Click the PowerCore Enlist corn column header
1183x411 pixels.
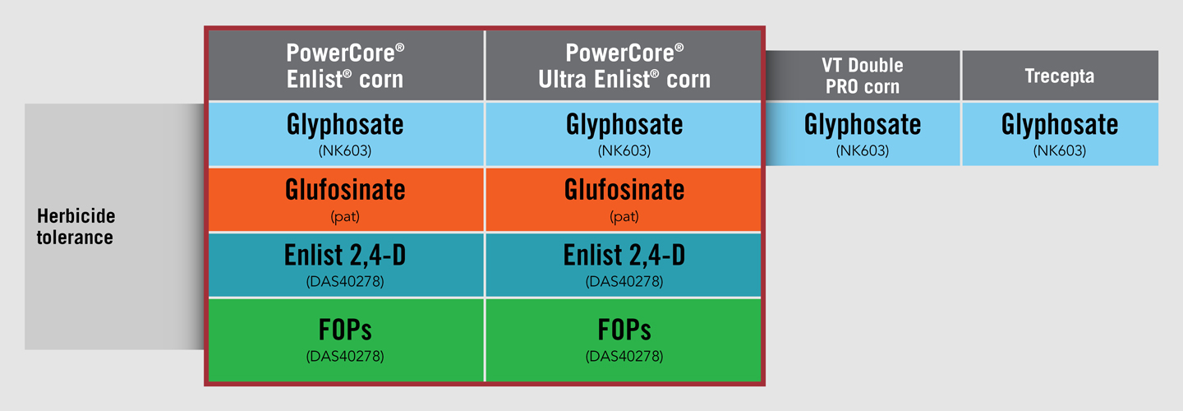tap(346, 66)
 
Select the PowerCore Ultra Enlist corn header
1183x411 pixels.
tap(624, 66)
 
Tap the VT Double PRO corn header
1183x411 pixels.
tap(863, 76)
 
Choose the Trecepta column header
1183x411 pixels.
tap(1060, 76)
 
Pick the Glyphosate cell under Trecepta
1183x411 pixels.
tap(1060, 134)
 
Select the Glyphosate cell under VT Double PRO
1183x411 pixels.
tap(863, 134)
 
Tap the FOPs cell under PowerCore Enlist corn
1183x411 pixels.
tap(346, 340)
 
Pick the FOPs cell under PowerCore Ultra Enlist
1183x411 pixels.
tap(624, 340)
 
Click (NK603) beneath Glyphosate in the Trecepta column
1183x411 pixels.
tap(1060, 151)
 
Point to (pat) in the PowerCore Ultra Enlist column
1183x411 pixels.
tap(624, 216)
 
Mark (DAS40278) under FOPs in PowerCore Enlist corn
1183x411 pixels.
tap(345, 356)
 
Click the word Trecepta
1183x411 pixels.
tap(1060, 76)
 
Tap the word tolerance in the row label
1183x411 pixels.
tap(75, 238)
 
